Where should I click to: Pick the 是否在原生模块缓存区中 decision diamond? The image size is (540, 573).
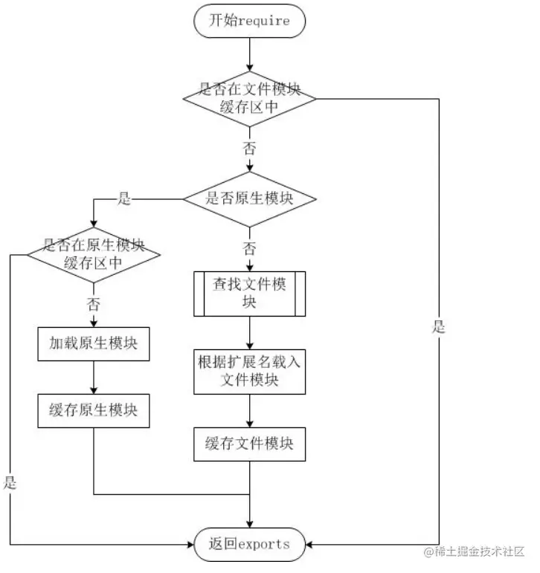pos(94,254)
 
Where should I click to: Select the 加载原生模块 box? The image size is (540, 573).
pos(94,344)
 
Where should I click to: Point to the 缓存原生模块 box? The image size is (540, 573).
pos(94,409)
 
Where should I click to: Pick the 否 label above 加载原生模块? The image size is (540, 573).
pos(94,304)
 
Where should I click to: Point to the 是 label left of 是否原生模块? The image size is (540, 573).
pos(124,198)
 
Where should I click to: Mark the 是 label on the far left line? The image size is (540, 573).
pos(10,482)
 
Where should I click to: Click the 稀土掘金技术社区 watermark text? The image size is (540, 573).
pos(475,552)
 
